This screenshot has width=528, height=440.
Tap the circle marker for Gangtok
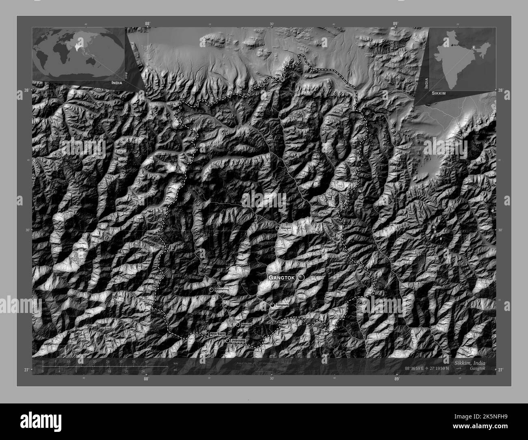pyautogui.click(x=301, y=277)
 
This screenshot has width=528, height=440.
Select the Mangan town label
pyautogui.click(x=286, y=228)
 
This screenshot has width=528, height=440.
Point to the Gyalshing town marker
pyautogui.click(x=211, y=290)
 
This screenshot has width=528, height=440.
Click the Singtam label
pyautogui.click(x=282, y=305)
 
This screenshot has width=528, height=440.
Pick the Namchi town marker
pyautogui.click(x=238, y=325)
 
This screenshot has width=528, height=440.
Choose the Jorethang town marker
pyautogui.click(x=228, y=341)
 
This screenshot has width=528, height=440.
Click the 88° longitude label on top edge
pyautogui.click(x=147, y=24)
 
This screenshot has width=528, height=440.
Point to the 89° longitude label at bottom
pyautogui.click(x=396, y=378)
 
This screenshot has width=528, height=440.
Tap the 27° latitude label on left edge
pyautogui.click(x=26, y=370)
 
